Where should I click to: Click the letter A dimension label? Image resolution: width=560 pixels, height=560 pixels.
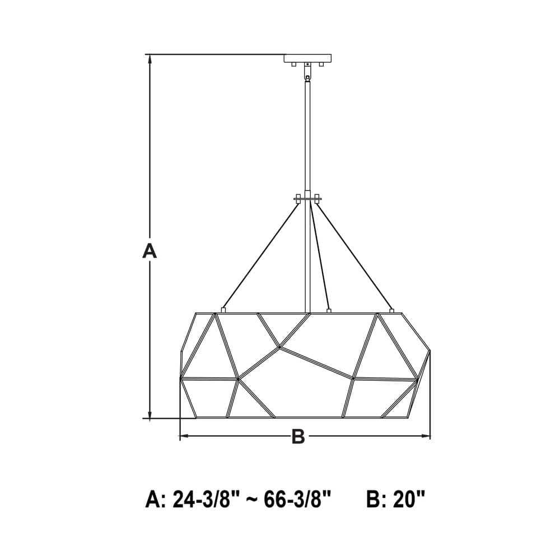[149, 251]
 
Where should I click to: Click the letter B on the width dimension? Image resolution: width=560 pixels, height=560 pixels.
[298, 436]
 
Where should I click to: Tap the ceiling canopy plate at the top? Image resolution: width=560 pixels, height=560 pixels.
[307, 58]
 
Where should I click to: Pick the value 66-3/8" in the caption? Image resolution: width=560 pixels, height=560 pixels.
[296, 498]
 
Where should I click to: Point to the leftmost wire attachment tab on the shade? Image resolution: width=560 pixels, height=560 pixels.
[223, 309]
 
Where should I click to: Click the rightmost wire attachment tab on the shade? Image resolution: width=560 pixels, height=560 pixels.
[391, 309]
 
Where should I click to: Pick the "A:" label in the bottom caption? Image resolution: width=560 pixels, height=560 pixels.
[155, 498]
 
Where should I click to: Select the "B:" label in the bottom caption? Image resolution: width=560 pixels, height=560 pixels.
[376, 498]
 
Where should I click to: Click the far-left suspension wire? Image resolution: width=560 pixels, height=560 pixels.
[260, 255]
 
